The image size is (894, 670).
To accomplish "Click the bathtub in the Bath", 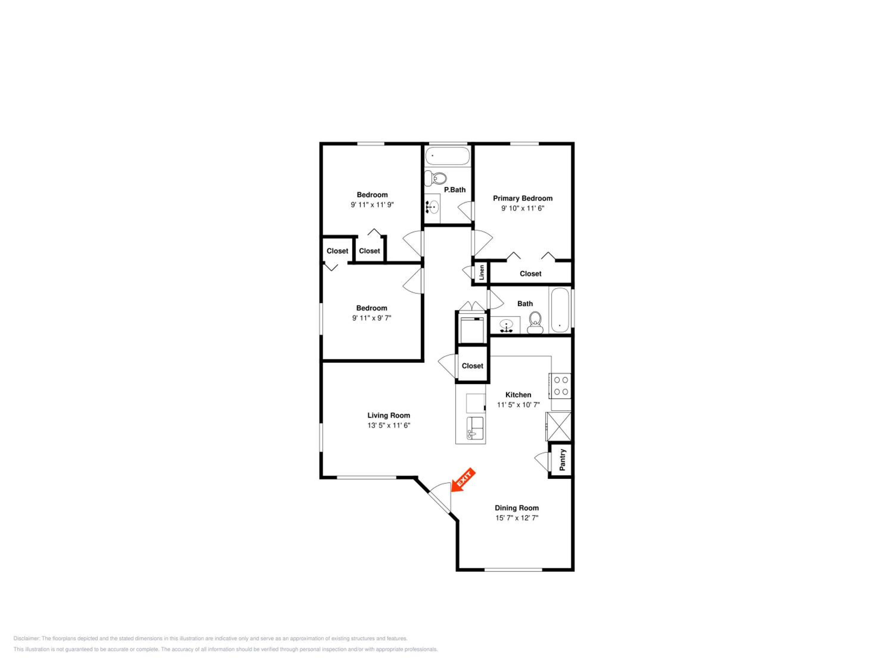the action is click(x=560, y=310).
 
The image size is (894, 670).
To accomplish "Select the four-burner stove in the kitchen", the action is click(x=560, y=386).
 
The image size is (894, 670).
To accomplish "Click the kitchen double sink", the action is click(x=475, y=428).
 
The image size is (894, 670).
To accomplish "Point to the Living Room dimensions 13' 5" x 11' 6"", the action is click(x=389, y=425).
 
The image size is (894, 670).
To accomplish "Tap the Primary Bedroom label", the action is click(x=523, y=198).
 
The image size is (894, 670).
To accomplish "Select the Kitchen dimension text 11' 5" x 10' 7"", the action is click(x=518, y=405).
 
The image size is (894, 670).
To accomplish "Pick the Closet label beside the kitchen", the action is click(x=472, y=366).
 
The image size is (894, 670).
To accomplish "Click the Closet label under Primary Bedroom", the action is click(x=530, y=274).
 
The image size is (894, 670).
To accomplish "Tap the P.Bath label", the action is click(x=455, y=190).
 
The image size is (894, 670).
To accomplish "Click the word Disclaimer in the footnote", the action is click(x=27, y=638).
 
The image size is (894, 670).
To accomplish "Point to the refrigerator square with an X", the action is click(x=558, y=426).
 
